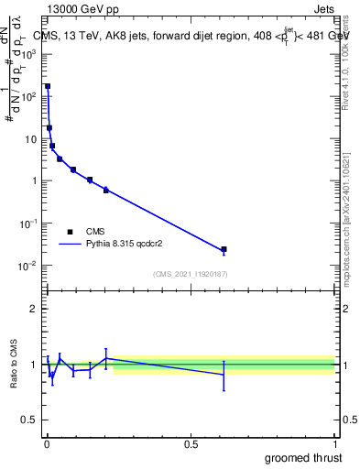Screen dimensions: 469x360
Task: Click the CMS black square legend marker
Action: (70, 232)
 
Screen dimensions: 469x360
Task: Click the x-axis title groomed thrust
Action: (304, 456)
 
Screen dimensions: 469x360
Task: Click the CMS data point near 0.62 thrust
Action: (224, 249)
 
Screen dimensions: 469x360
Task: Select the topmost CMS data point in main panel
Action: (48, 86)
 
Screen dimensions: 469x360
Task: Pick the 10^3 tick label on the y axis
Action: (28, 54)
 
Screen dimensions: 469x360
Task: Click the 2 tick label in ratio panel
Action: (33, 309)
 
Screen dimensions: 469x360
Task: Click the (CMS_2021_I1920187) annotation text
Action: (191, 273)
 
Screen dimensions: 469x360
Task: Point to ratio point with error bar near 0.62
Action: (224, 374)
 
